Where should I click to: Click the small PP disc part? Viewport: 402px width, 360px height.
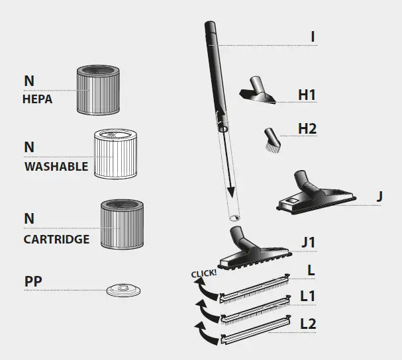(x=124, y=289)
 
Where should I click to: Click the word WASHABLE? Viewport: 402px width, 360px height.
(x=56, y=167)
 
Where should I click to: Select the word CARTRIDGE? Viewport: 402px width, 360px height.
(x=56, y=239)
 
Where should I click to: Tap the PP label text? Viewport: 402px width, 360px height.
(x=33, y=280)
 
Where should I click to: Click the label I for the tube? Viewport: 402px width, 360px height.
(x=313, y=37)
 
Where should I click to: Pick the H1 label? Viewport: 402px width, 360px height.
(x=307, y=95)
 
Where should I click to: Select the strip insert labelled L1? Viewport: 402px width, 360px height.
(x=256, y=307)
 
